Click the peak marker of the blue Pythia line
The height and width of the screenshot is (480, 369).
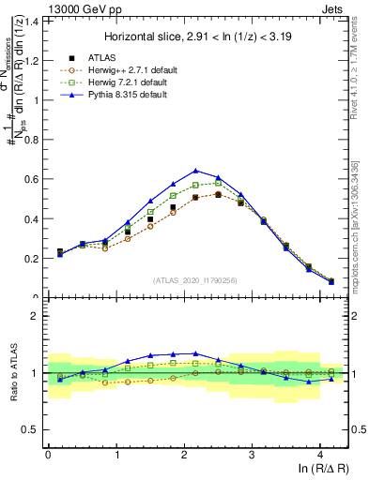(195, 171)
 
